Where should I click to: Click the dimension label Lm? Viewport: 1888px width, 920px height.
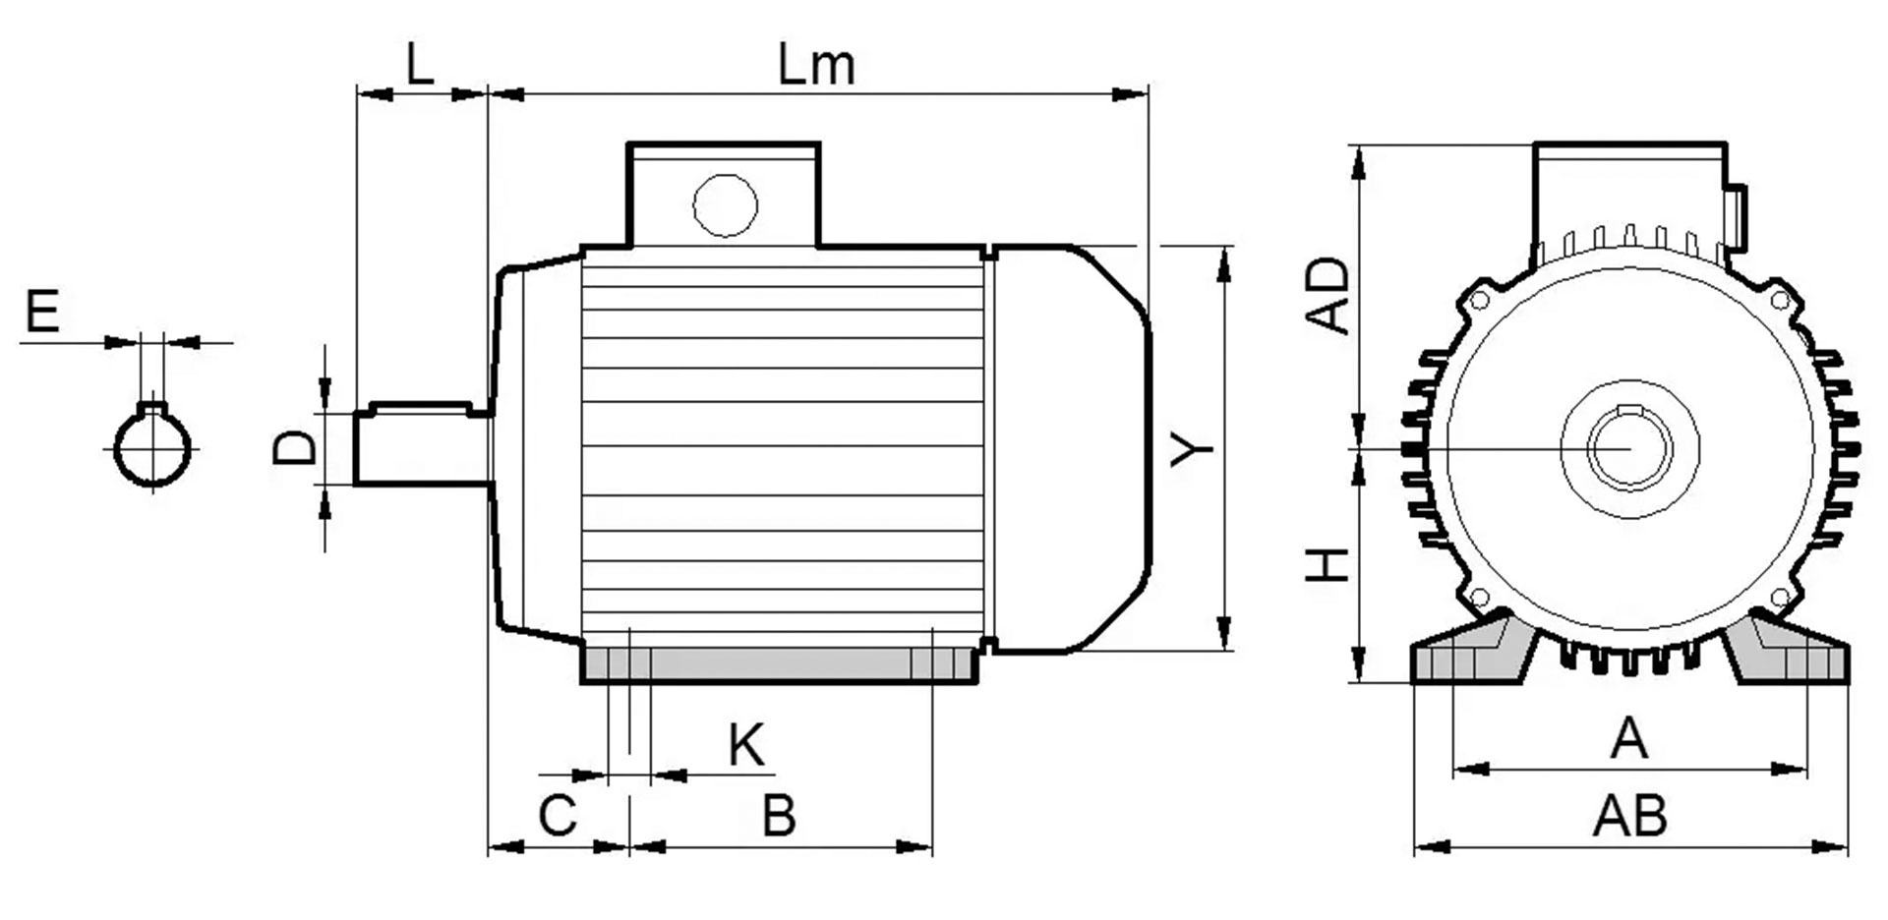[816, 65]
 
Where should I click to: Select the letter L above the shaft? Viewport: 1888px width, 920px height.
[420, 65]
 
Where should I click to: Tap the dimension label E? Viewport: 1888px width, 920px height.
[42, 312]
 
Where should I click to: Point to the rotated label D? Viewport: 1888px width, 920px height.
[294, 448]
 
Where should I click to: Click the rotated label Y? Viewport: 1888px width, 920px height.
[1192, 449]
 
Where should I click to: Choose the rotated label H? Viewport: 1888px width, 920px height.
[1327, 565]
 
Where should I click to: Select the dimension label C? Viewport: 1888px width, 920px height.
[558, 815]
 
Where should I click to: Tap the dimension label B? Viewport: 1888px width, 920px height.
[779, 815]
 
